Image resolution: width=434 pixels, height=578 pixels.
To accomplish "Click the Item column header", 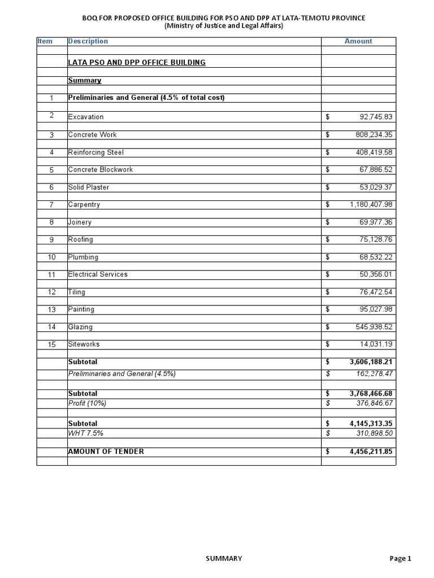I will pyautogui.click(x=45, y=41).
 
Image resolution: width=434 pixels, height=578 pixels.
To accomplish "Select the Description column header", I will pyautogui.click(x=88, y=41).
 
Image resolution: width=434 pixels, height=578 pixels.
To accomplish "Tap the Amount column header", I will pyautogui.click(x=358, y=41).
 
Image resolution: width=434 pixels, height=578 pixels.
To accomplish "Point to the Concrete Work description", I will pyautogui.click(x=92, y=135).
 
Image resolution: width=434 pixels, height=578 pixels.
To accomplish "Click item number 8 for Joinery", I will pyautogui.click(x=51, y=222).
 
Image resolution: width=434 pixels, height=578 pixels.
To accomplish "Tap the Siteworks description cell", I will pyautogui.click(x=84, y=344).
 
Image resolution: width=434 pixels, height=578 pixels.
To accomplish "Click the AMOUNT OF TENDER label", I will pyautogui.click(x=106, y=452).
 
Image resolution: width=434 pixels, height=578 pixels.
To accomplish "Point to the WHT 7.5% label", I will pyautogui.click(x=85, y=432).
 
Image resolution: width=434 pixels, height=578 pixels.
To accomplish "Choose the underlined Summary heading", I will pyautogui.click(x=84, y=81).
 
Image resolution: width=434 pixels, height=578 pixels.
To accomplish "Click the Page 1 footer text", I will pyautogui.click(x=401, y=558).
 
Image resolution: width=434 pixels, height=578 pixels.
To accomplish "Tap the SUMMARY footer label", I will pyautogui.click(x=224, y=558).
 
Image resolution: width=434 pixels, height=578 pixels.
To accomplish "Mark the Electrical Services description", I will pyautogui.click(x=98, y=274).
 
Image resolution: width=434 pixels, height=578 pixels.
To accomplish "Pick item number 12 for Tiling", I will pyautogui.click(x=51, y=292).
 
